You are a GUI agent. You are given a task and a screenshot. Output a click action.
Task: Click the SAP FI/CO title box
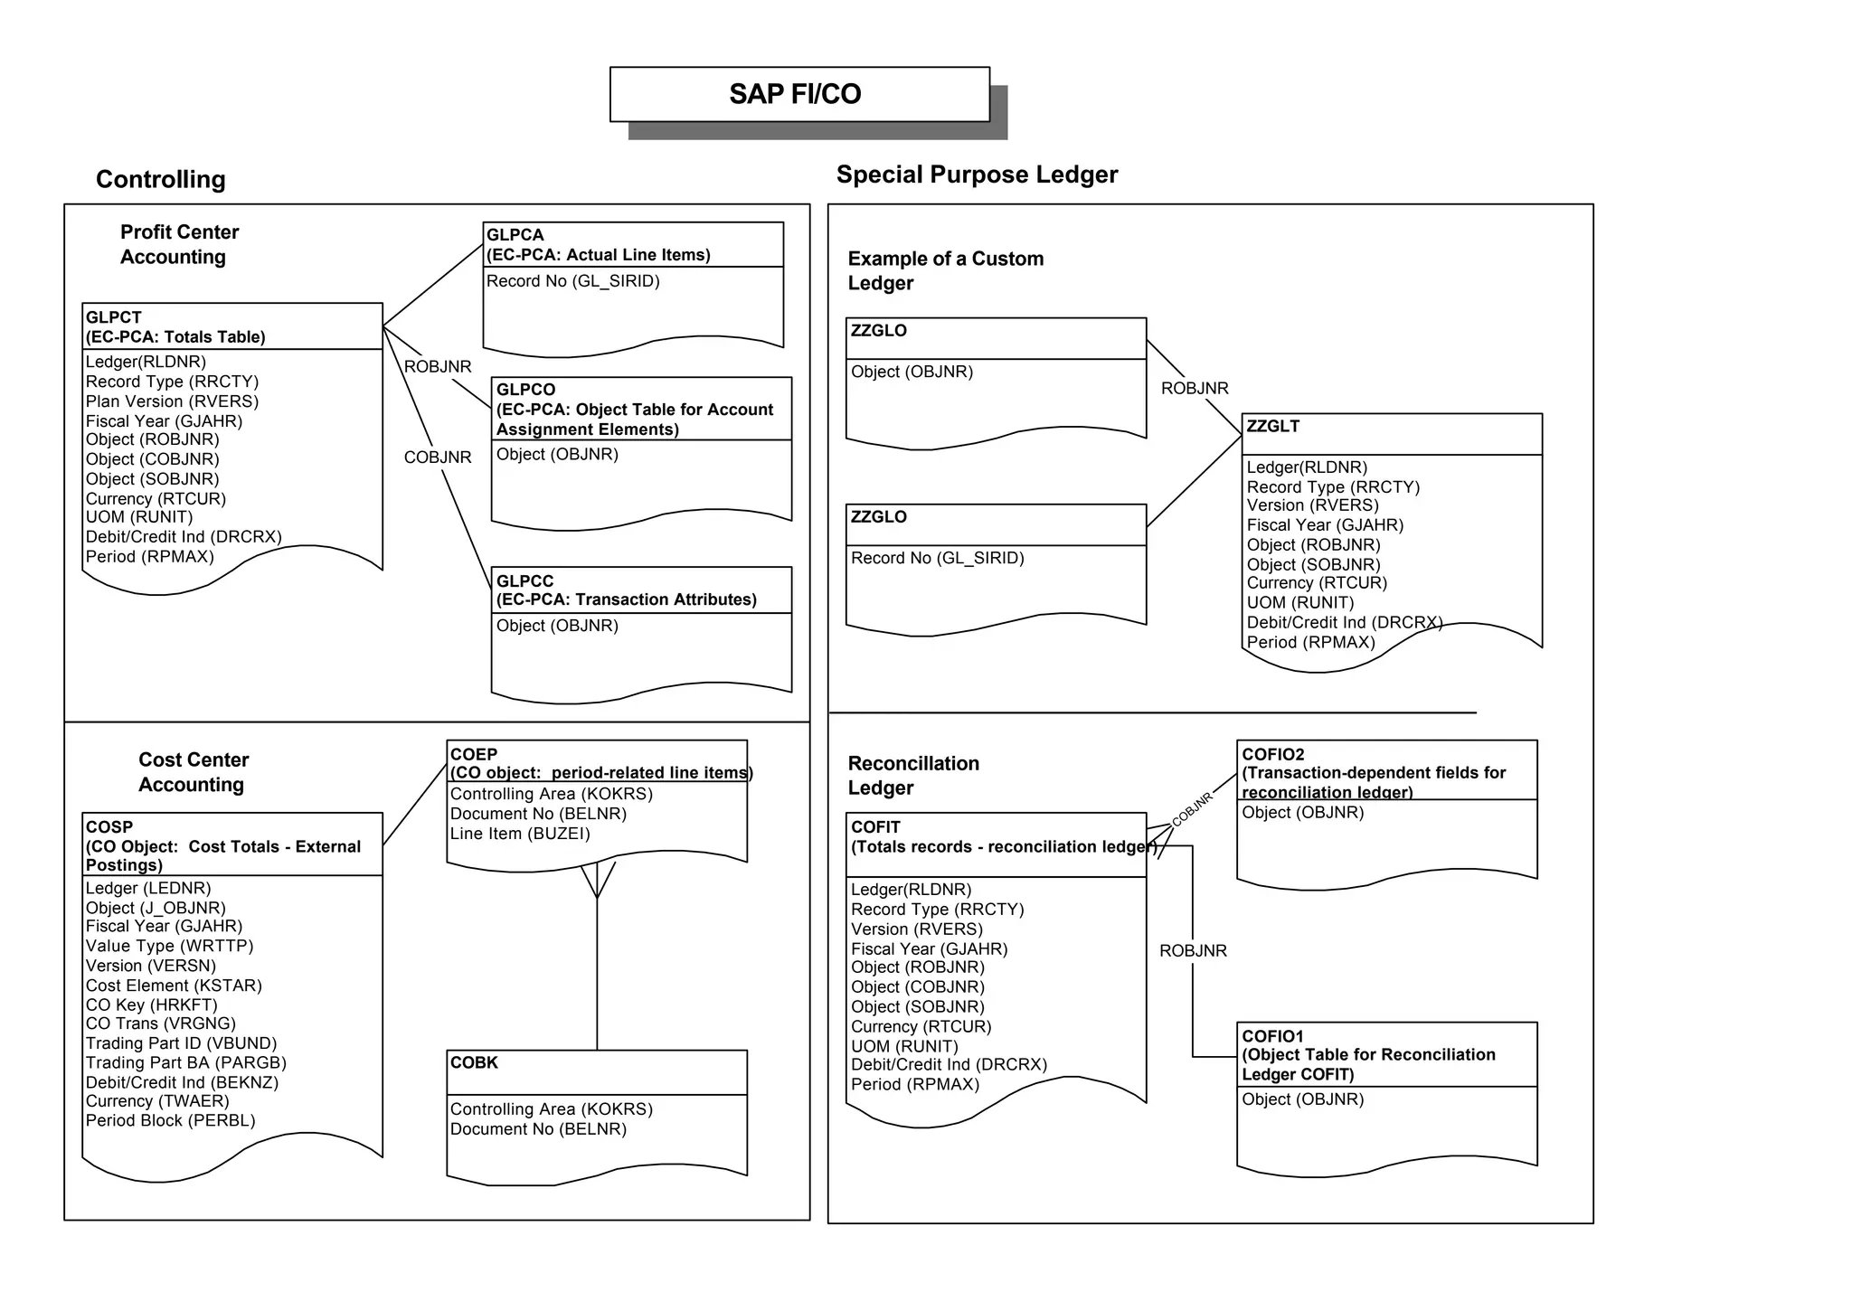click(799, 94)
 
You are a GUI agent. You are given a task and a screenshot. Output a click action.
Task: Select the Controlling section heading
click(161, 179)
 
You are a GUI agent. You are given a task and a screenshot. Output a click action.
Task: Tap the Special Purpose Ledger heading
click(977, 174)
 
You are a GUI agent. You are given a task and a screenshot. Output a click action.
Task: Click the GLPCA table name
click(515, 235)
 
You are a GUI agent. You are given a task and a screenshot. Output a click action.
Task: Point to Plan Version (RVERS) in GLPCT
click(172, 401)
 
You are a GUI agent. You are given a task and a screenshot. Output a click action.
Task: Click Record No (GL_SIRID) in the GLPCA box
click(573, 281)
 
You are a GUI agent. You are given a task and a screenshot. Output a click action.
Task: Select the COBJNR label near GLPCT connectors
click(438, 457)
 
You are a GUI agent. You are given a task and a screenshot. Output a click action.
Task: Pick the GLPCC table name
click(524, 580)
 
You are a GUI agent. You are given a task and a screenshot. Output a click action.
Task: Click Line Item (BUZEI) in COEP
click(520, 834)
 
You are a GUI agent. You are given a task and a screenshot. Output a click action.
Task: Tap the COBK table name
click(474, 1062)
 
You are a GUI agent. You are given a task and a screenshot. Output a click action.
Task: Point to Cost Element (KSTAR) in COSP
click(174, 986)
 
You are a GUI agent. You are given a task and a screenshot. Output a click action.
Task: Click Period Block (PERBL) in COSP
click(170, 1120)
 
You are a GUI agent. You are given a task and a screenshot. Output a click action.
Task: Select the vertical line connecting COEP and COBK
click(597, 976)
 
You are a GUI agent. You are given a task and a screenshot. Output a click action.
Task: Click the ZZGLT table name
click(1272, 426)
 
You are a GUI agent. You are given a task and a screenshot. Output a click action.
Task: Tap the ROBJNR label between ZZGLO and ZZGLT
click(1195, 388)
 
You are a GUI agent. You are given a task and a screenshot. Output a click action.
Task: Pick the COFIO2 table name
click(1272, 754)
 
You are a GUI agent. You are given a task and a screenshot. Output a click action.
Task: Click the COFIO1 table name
click(1272, 1036)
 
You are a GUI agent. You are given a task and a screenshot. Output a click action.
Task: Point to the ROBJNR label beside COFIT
click(1193, 950)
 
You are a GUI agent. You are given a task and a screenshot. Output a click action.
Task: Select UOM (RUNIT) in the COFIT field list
click(904, 1046)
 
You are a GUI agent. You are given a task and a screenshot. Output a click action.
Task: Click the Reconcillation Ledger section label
click(913, 775)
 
